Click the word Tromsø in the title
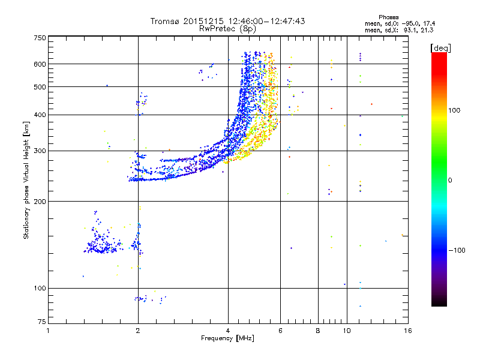pos(164,21)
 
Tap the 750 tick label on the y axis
pos(40,37)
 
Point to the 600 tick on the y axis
pos(40,64)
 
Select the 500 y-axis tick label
pos(40,87)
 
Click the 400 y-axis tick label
pos(40,115)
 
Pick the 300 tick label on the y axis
pos(40,151)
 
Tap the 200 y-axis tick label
pos(40,201)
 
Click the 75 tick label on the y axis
pos(41,324)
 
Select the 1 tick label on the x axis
pos(48,331)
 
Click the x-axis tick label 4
pos(228,331)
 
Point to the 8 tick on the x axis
pos(318,331)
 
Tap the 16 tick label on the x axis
pos(407,331)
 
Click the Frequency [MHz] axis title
pos(227,338)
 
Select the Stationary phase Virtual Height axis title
pos(26,180)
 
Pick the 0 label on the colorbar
pos(449,180)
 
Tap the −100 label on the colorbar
pos(455,250)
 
